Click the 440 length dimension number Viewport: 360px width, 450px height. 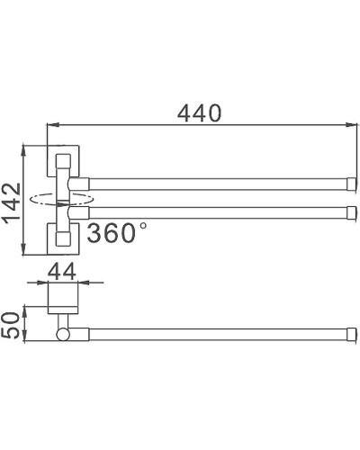(198, 112)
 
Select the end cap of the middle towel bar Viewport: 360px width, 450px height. (350, 213)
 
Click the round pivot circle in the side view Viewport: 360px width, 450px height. (64, 334)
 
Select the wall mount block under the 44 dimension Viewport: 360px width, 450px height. (64, 301)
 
